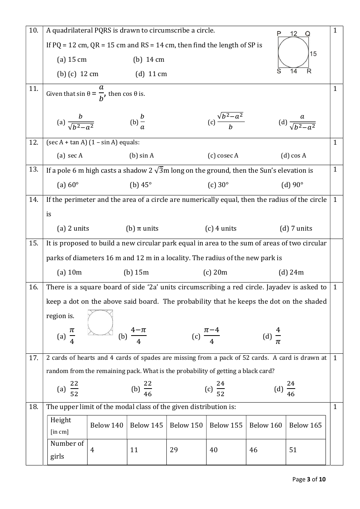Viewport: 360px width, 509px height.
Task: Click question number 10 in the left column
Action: point(34,31)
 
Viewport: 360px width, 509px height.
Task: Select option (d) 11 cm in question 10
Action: point(151,74)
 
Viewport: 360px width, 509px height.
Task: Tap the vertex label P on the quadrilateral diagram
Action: point(279,34)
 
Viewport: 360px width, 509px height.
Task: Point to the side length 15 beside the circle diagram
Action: point(313,54)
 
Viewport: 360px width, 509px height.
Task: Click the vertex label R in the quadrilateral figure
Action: point(309,71)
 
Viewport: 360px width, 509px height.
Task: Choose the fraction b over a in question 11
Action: point(142,122)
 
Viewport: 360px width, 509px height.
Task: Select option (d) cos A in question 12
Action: point(293,156)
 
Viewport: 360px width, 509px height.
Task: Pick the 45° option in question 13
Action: point(141,185)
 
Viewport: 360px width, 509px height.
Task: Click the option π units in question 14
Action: point(142,229)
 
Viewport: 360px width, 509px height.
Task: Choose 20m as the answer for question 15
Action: point(215,273)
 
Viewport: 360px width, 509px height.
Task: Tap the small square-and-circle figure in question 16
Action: point(100,323)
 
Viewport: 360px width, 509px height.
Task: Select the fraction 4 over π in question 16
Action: point(278,336)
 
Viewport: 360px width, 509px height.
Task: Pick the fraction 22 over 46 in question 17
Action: point(147,389)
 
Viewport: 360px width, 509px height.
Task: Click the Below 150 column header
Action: point(186,425)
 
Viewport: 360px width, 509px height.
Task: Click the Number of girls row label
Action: point(67,450)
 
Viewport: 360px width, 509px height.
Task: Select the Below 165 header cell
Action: point(305,425)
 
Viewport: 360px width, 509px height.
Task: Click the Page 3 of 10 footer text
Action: point(309,479)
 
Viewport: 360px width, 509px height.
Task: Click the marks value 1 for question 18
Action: point(335,407)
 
